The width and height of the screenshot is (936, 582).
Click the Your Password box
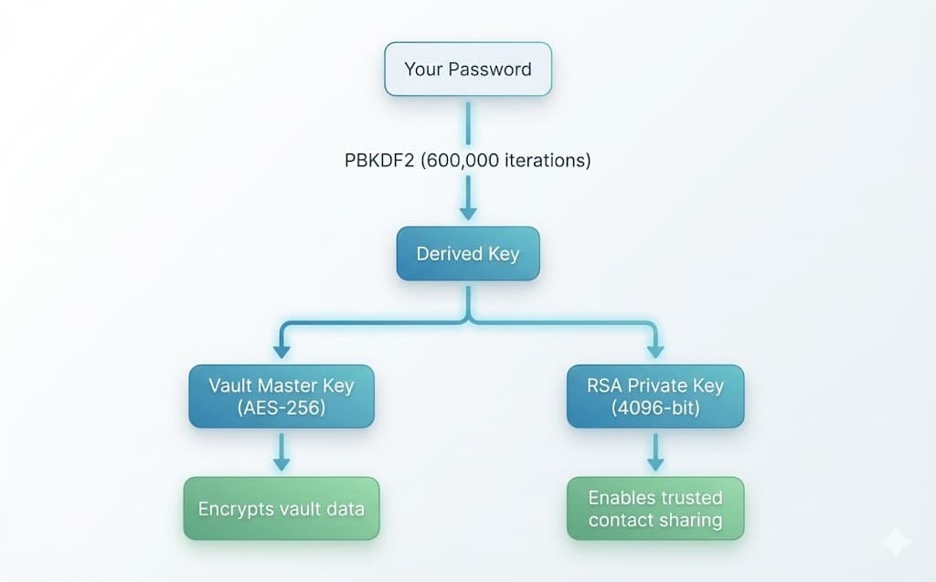click(x=468, y=69)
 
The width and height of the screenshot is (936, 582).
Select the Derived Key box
click(x=468, y=254)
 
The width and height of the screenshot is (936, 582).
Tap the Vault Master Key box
click(x=282, y=396)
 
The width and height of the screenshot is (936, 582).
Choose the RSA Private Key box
click(x=655, y=396)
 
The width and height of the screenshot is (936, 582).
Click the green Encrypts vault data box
click(x=282, y=508)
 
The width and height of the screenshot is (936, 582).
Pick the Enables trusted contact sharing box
click(x=655, y=508)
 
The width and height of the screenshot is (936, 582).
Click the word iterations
click(x=547, y=161)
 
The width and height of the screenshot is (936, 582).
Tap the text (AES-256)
click(x=282, y=407)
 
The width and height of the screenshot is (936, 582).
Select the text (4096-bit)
click(x=655, y=407)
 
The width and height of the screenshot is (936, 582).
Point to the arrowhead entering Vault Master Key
click(x=282, y=350)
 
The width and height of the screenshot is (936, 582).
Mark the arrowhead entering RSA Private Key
click(x=655, y=350)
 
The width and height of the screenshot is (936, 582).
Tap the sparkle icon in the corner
click(x=895, y=543)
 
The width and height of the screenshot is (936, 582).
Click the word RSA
click(x=605, y=385)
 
